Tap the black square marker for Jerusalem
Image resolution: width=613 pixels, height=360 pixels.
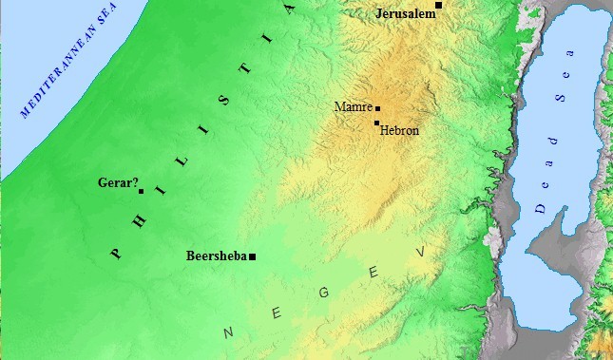pos(438,6)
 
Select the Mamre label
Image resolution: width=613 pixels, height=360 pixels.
pos(354,107)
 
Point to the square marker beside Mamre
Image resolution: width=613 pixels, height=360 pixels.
pos(377,108)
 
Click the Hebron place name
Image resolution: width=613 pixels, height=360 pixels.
pos(398,131)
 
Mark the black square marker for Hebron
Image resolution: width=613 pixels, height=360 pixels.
pos(376,123)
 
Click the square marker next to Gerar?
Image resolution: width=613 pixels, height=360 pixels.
pos(142,191)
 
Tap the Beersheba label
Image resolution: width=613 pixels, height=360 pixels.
pos(217,256)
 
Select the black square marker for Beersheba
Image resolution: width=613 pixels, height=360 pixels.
pos(253,256)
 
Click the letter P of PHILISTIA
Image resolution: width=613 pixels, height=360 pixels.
pos(116,254)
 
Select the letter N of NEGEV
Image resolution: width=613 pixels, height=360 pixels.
pos(228,332)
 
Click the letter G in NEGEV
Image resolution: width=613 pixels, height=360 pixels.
pos(323,292)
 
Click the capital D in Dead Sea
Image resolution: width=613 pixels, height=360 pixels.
pos(539,207)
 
